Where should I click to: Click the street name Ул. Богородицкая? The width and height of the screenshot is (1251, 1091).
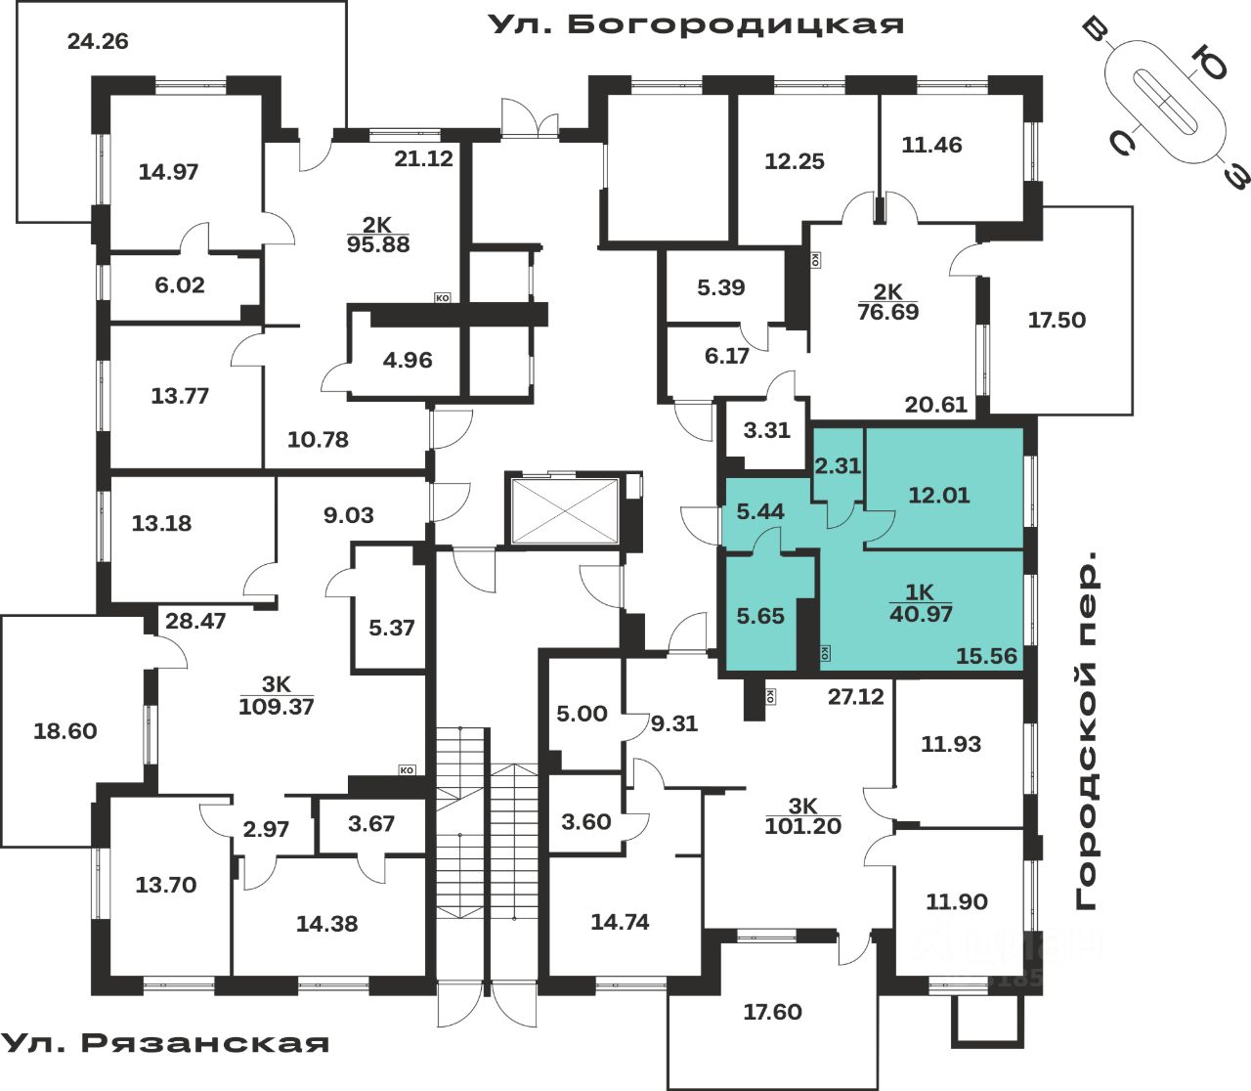coord(696,23)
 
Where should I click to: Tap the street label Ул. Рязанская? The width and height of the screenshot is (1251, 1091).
coord(164,1042)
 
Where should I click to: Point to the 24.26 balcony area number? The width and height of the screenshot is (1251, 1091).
coord(98,42)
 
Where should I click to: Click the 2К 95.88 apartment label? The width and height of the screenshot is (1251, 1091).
coord(378,236)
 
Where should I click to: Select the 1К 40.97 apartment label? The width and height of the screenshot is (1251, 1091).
coord(921,603)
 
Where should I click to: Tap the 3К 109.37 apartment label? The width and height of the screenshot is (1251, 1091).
coord(277,696)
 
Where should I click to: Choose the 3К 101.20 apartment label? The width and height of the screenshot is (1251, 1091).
coord(802,816)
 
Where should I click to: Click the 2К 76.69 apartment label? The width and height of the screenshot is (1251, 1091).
coord(887,302)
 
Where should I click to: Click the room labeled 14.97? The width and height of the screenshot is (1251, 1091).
coord(168,172)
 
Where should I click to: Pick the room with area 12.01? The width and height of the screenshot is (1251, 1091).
coord(939,495)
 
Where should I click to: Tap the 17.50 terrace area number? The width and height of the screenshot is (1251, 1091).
coord(1057,320)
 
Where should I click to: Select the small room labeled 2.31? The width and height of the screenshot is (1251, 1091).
coord(838,466)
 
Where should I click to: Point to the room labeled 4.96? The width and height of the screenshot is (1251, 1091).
coord(408,360)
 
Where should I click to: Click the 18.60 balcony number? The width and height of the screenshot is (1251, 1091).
coord(65,731)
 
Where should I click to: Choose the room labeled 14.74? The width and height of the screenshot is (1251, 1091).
coord(620,922)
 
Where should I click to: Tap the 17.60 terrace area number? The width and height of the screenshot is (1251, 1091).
coord(772,1012)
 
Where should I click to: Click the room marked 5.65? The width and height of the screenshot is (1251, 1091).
coord(760,616)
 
